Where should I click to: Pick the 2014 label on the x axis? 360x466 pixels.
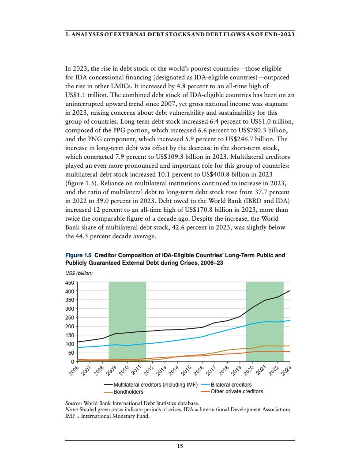[x=175, y=370]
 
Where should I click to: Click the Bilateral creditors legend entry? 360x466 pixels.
[x=231, y=385]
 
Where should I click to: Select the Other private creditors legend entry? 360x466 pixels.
[x=236, y=391]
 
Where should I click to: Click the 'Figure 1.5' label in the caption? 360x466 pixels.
[x=79, y=255]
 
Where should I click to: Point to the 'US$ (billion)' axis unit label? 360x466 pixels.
[x=79, y=274]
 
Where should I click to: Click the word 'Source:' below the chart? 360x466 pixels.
[x=73, y=403]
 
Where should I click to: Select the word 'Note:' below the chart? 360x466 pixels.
[x=72, y=409]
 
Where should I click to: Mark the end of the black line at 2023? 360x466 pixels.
[x=290, y=291]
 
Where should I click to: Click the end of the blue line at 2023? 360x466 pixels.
[x=290, y=320]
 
